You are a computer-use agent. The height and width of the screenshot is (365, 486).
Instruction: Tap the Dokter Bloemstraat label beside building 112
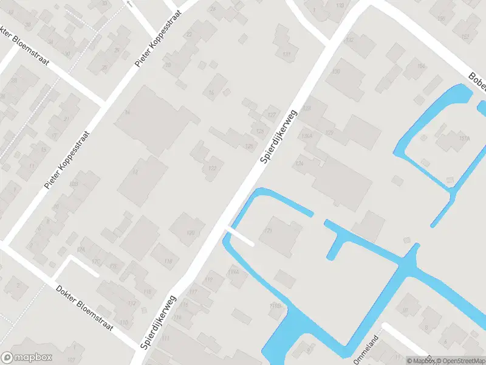[x=84, y=308]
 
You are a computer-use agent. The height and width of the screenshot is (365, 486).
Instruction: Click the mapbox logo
[x=27, y=358]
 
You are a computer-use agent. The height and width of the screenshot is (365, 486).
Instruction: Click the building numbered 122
[x=212, y=167]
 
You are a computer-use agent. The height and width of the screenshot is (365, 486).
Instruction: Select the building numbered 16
[x=211, y=92]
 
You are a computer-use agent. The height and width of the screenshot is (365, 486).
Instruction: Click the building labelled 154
[x=420, y=66]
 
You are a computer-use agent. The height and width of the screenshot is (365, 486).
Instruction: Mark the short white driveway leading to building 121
[x=241, y=236]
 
